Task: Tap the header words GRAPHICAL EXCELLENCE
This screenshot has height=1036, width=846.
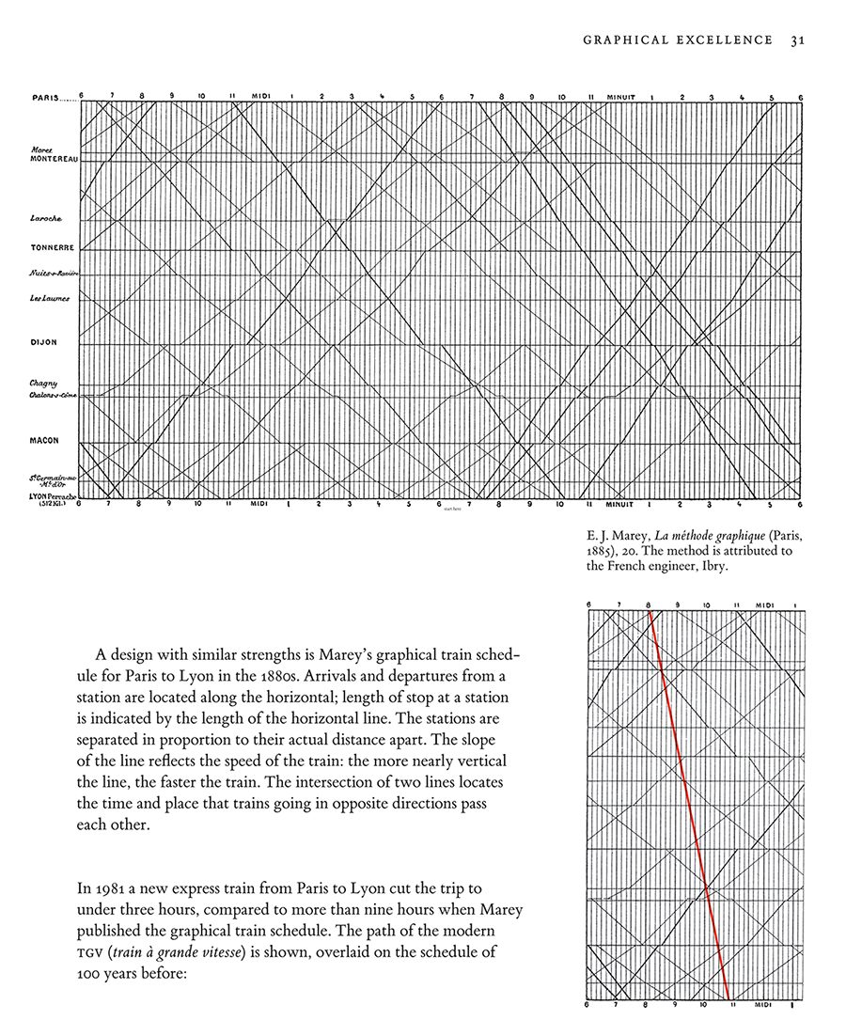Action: (x=678, y=39)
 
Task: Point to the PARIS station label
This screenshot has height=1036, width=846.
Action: (x=45, y=96)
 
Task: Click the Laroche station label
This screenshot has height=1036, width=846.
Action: (x=46, y=218)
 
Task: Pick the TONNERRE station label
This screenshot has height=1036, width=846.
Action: (x=52, y=249)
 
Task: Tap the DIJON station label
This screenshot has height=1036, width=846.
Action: (x=43, y=342)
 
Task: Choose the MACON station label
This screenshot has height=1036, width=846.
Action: (x=44, y=440)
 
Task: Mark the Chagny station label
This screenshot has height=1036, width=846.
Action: (x=43, y=383)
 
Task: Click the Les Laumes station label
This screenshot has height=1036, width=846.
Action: (x=49, y=299)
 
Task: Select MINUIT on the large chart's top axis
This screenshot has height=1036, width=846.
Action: (x=619, y=96)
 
